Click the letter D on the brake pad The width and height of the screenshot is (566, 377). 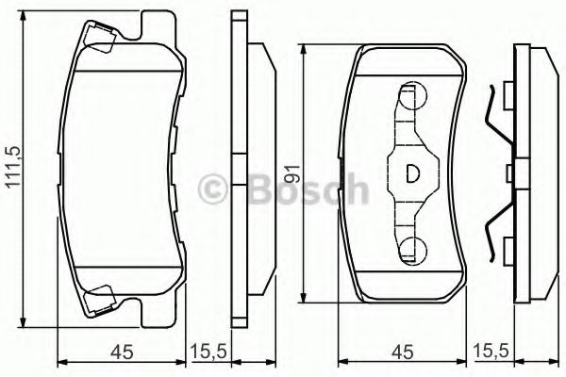(412, 173)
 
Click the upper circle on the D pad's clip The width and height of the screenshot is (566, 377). (411, 93)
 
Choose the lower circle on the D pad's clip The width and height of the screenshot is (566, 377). (411, 249)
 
